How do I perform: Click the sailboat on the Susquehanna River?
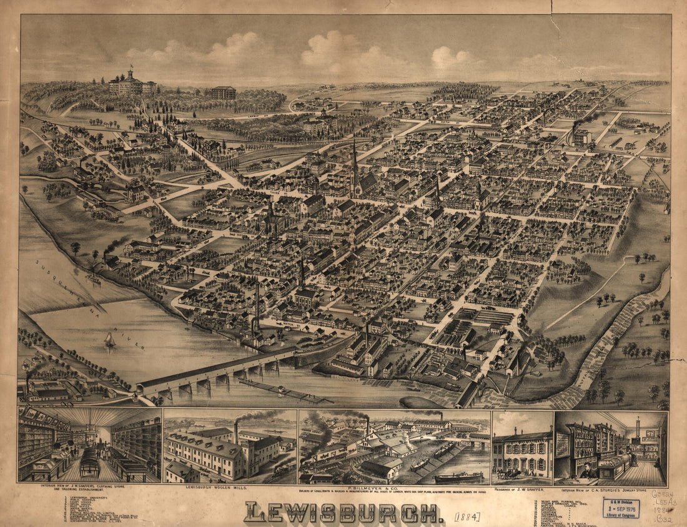coord(110,340)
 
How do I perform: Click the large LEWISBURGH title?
coord(340,513)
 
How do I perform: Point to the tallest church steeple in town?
coord(354,164)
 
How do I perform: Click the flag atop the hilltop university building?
coord(131,66)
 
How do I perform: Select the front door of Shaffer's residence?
coord(523,465)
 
